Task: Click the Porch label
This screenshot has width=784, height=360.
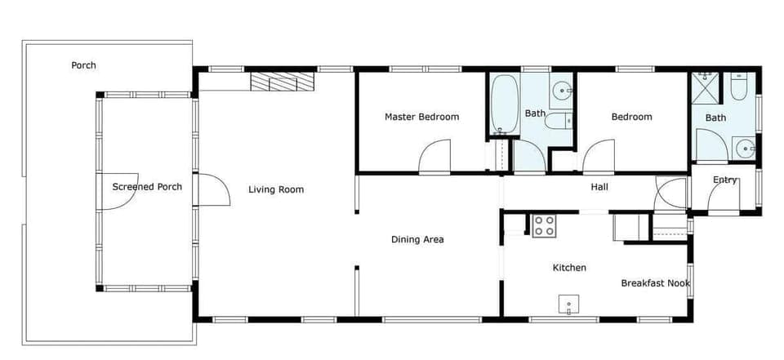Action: pos(83,65)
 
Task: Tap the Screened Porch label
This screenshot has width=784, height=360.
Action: pos(147,187)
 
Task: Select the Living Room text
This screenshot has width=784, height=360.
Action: pos(276,190)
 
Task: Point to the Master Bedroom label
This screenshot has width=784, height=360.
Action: pos(421,117)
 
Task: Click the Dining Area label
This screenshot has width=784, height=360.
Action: pos(416,240)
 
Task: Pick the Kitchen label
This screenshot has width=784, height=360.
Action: pos(569,268)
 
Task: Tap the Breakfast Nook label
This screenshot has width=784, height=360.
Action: pos(655,283)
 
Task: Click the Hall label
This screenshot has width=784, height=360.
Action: pos(599,187)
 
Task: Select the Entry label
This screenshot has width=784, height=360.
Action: pos(724,180)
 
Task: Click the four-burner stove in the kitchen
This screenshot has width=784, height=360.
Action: pos(544,225)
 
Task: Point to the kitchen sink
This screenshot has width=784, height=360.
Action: pos(569,305)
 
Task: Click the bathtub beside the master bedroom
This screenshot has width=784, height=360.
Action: pos(504,104)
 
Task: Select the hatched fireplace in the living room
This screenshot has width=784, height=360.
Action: pos(282,82)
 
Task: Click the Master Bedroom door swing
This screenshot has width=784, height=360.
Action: pos(435,158)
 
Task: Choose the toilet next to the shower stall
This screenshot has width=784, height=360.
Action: pos(738,87)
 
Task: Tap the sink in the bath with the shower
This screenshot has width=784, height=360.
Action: pos(744,148)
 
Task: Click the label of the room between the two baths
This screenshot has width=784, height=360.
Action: pos(632,117)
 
